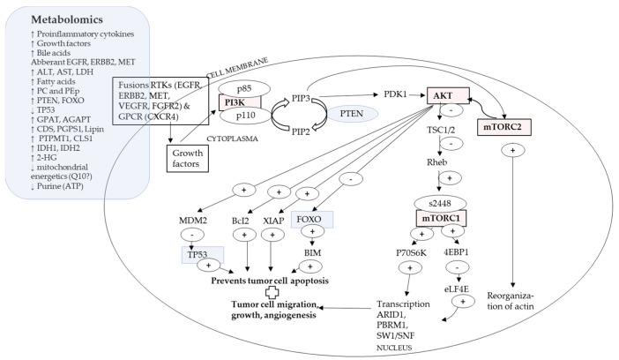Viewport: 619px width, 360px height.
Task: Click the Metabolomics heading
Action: [x=68, y=19]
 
